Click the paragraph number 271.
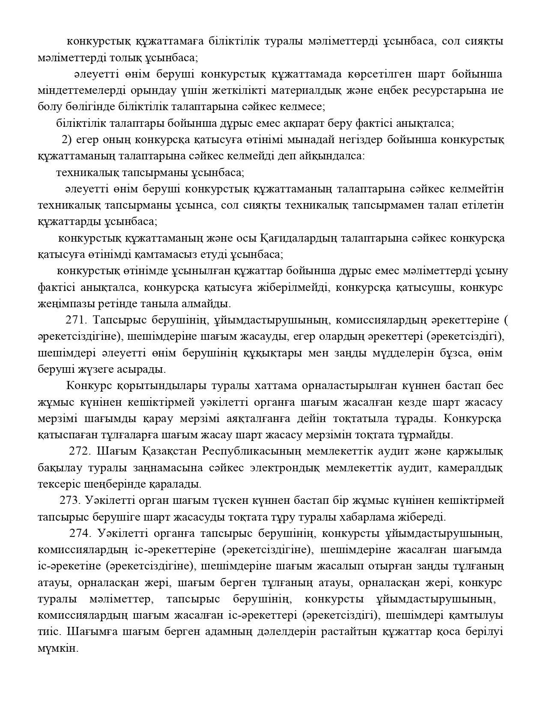[76, 320]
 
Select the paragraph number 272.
[80, 451]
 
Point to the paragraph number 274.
[81, 533]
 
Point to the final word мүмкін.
[58, 648]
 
